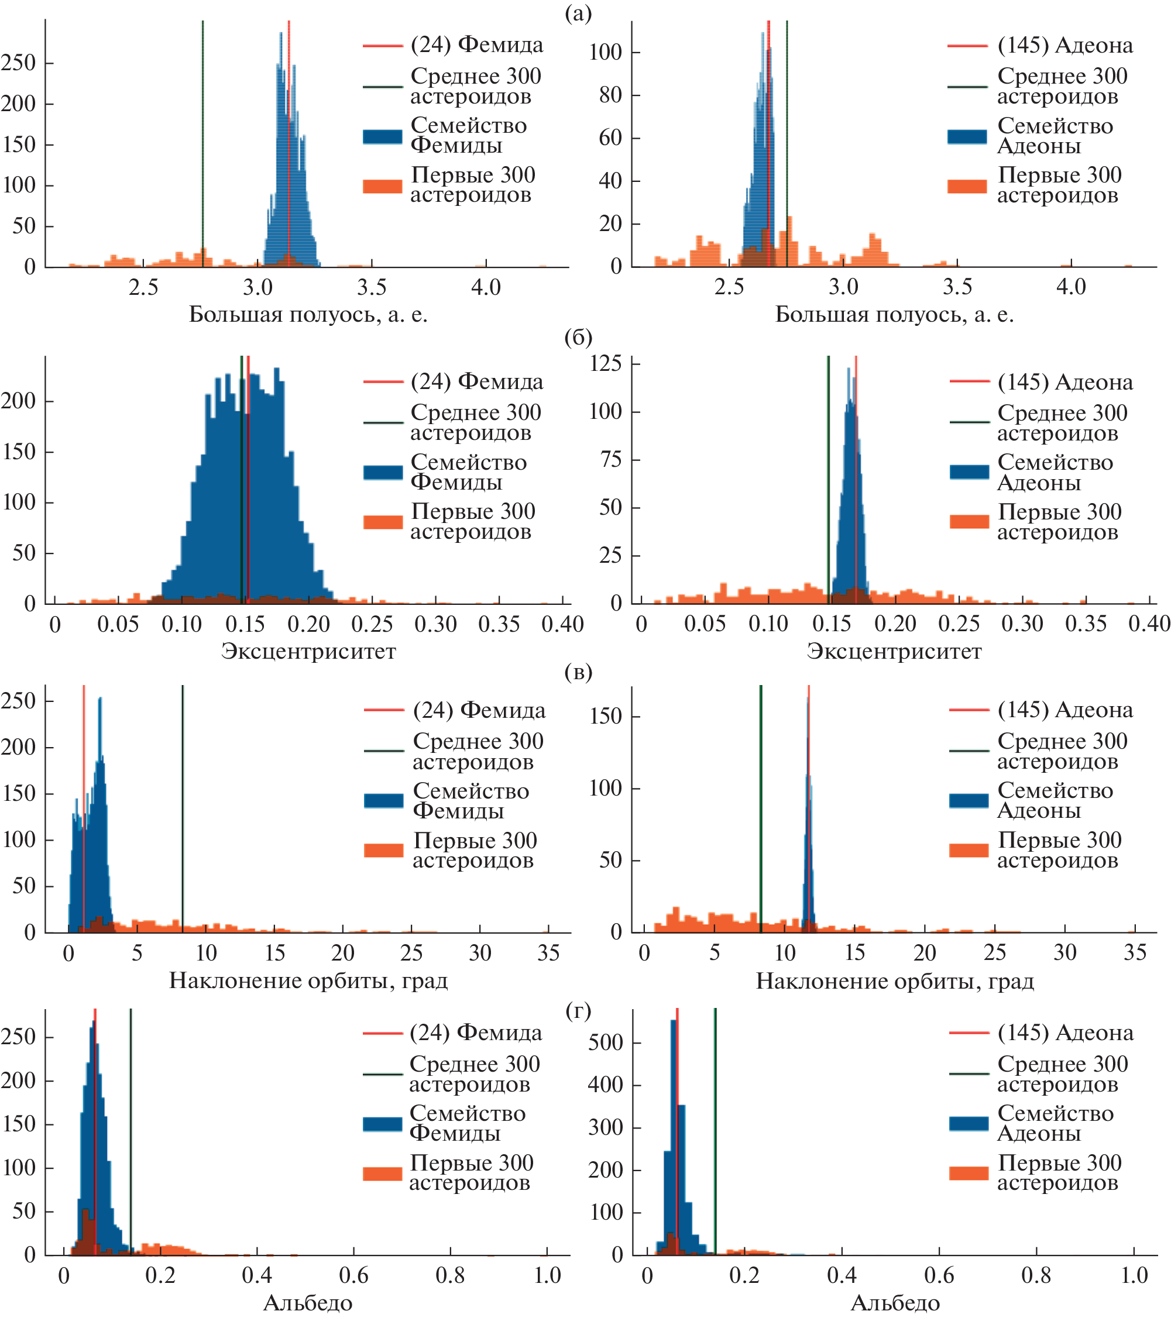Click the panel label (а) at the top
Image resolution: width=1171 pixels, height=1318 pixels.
tap(578, 13)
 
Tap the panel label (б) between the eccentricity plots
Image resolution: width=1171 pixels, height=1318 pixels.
tap(578, 337)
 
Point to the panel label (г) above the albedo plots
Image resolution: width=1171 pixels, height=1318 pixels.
tap(578, 1010)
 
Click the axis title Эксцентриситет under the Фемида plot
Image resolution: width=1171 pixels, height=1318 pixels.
tap(308, 651)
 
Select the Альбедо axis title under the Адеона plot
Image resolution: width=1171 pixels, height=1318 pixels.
tap(895, 1303)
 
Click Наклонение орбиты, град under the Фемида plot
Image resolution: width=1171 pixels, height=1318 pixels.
tap(308, 981)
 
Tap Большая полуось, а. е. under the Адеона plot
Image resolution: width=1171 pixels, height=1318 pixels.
tap(894, 314)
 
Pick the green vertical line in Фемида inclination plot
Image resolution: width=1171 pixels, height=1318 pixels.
tap(183, 806)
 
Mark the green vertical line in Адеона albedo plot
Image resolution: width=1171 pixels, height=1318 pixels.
tap(716, 1128)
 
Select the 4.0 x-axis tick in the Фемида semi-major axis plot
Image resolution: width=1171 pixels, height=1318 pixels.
tap(485, 288)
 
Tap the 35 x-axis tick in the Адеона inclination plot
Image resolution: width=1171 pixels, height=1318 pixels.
tap(1135, 953)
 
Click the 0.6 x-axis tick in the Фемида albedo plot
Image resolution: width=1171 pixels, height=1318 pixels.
tap(353, 1275)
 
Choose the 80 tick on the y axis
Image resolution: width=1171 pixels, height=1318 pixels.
tap(610, 95)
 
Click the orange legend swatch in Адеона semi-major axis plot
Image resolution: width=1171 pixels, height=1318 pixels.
tap(967, 187)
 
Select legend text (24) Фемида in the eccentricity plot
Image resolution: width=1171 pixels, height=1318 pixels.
tap(477, 382)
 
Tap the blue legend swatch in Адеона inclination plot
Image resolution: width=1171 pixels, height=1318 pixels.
tap(969, 801)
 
